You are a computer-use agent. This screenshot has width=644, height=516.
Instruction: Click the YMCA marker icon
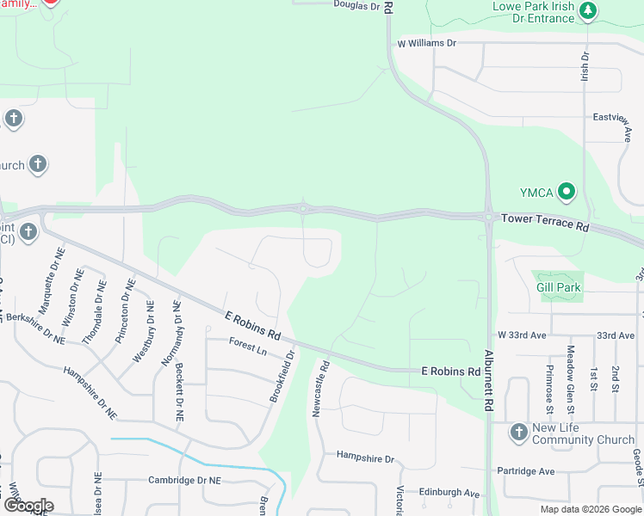tap(567, 191)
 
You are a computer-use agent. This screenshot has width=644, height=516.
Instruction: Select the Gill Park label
tap(559, 287)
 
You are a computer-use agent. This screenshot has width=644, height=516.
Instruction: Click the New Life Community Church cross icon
tap(518, 432)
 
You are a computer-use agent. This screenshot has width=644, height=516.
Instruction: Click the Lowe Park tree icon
tap(589, 11)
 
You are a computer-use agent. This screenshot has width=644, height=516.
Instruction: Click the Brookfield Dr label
tap(282, 375)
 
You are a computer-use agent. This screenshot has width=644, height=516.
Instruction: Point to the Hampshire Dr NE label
tap(90, 391)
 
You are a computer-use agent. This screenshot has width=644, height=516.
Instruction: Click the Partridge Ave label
tap(527, 471)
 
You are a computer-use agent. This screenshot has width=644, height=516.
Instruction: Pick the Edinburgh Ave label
tap(449, 493)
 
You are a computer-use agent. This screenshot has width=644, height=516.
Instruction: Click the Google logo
tap(28, 505)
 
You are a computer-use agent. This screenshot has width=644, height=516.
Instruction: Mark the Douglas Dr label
tap(356, 6)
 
